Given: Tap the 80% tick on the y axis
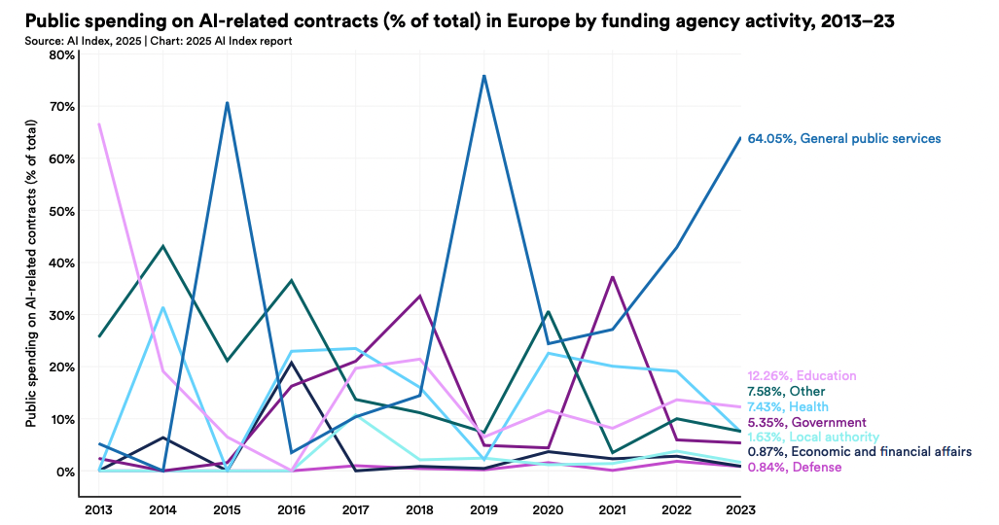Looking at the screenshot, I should pyautogui.click(x=62, y=54).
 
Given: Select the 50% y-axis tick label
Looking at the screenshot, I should pyautogui.click(x=62, y=211).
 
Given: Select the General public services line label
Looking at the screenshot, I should pyautogui.click(x=843, y=139).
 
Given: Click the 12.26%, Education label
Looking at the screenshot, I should pyautogui.click(x=802, y=376).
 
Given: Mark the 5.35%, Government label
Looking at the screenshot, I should pyautogui.click(x=806, y=423).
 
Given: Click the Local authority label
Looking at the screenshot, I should pyautogui.click(x=812, y=437).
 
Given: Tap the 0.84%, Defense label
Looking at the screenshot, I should pyautogui.click(x=794, y=468).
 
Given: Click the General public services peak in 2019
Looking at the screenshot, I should pyautogui.click(x=483, y=76).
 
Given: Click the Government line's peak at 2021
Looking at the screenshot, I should pyautogui.click(x=612, y=277).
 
